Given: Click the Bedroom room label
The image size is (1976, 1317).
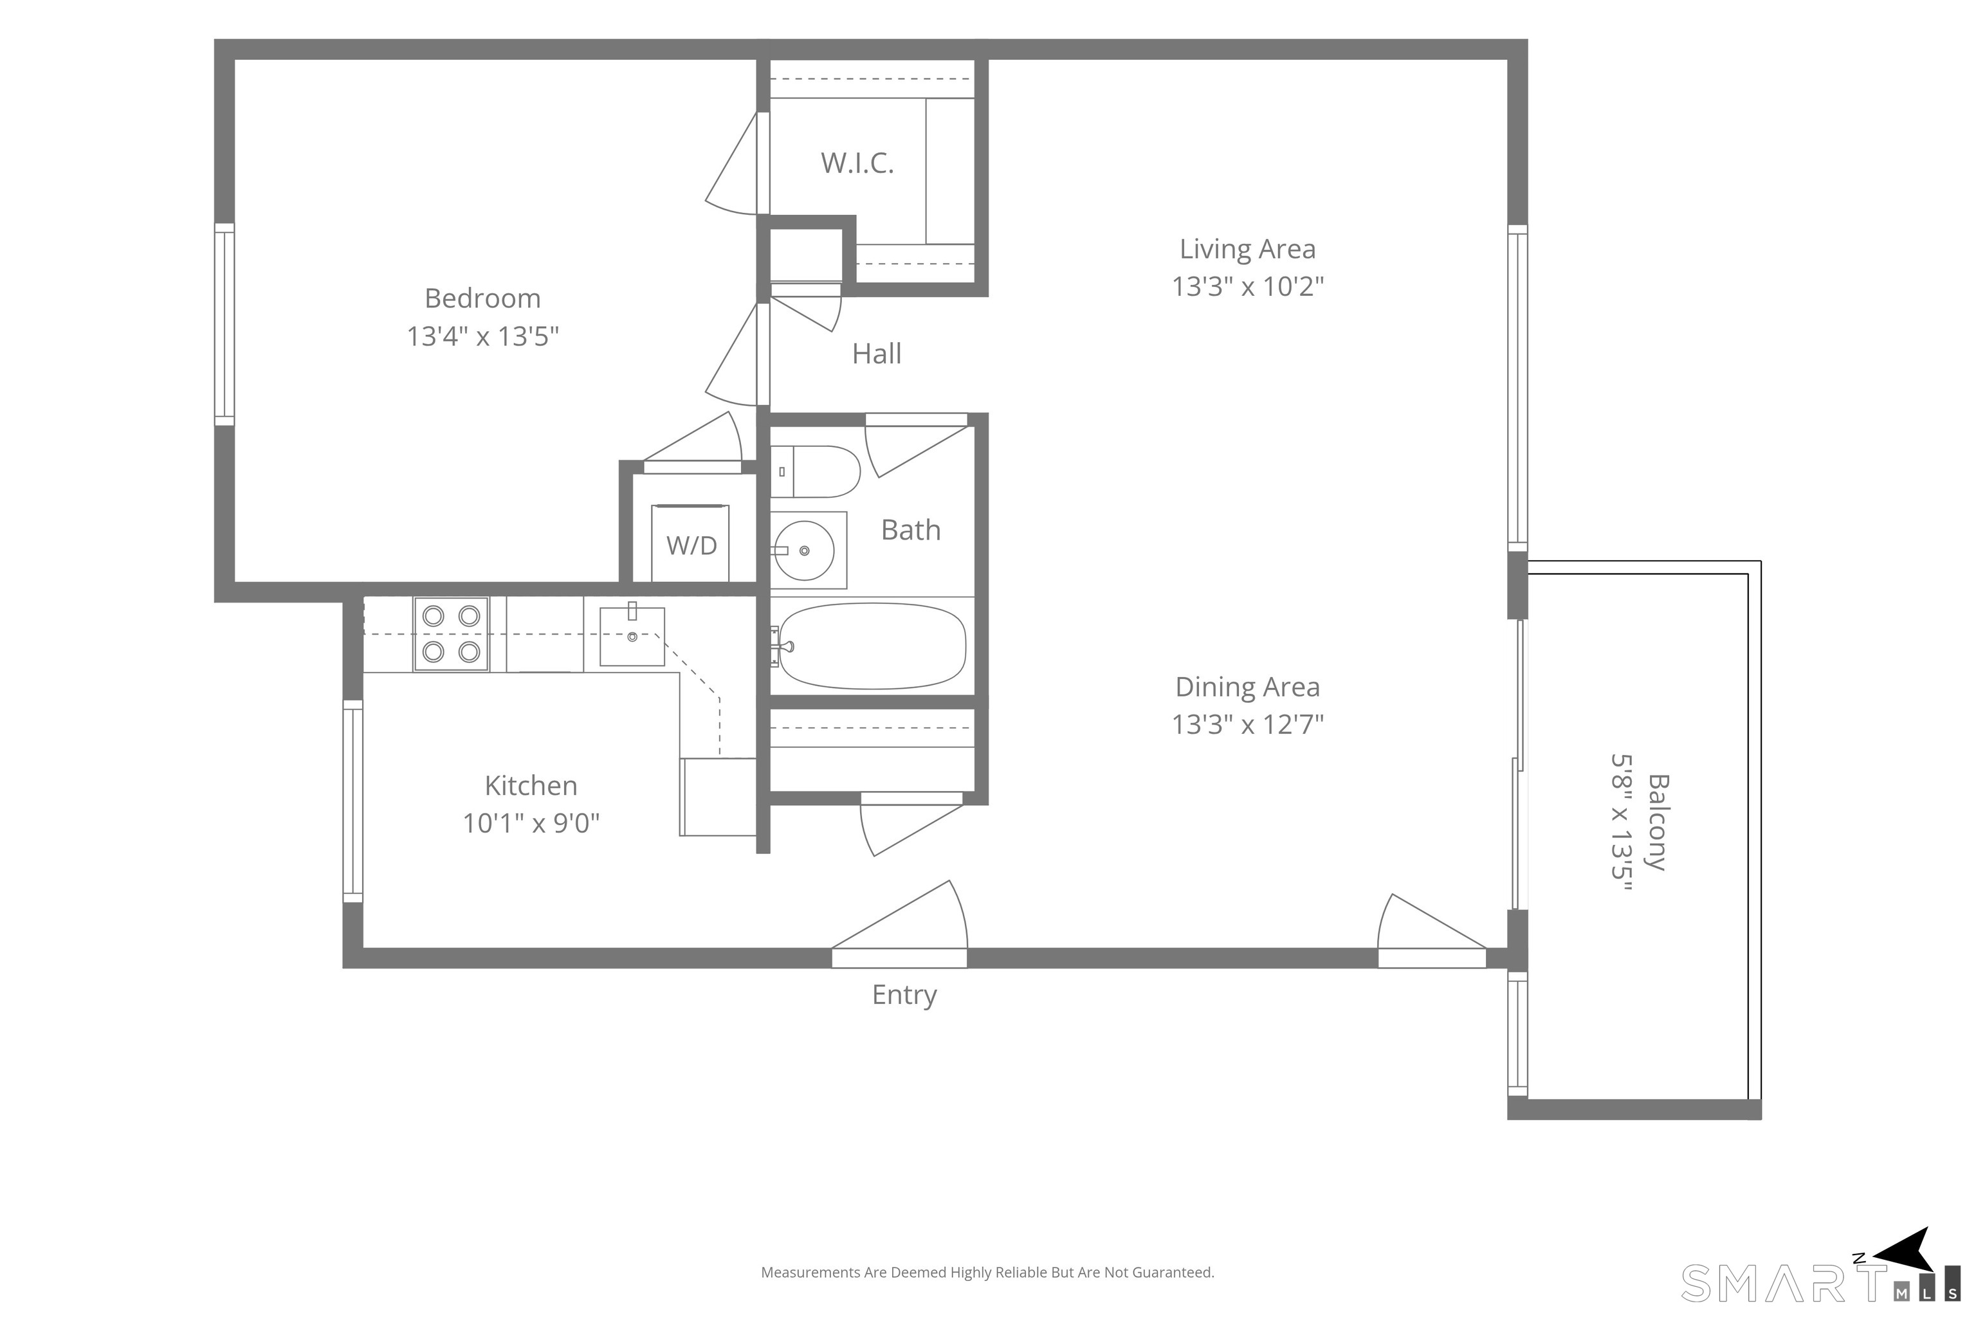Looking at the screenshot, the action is (x=482, y=298).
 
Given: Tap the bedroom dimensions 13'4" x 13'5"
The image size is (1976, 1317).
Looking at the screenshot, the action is (x=482, y=336).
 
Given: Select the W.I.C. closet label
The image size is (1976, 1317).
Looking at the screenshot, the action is (x=857, y=162).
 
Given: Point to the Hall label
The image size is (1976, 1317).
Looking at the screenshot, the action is (x=876, y=354).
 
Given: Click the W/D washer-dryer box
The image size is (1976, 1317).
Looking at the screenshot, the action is (x=691, y=543).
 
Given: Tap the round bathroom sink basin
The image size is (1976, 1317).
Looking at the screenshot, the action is (x=804, y=551).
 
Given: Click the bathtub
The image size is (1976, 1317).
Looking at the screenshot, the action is (x=872, y=646).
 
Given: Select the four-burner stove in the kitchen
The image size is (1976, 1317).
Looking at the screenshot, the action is (x=451, y=634).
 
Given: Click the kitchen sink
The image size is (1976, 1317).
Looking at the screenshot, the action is (x=632, y=636).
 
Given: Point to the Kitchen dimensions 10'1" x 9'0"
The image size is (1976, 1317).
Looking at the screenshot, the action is (x=531, y=823).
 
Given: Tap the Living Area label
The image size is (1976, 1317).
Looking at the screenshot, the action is (x=1248, y=249).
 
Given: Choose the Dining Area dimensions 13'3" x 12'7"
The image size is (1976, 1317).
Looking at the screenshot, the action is (x=1248, y=724).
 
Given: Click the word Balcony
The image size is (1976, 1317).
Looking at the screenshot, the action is (x=1658, y=822).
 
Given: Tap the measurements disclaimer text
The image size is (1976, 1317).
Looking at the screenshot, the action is (x=987, y=1273).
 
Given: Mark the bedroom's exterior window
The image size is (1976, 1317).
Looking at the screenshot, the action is (x=224, y=324).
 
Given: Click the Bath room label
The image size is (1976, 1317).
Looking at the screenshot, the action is (x=911, y=530).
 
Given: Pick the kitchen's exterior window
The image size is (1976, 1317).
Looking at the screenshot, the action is (x=353, y=801).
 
